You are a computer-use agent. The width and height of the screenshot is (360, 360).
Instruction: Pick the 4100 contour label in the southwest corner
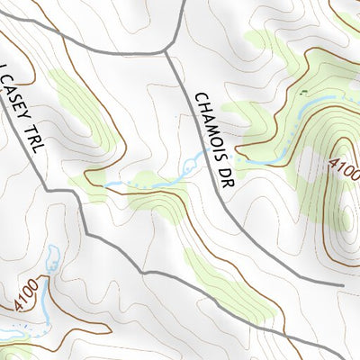(x=28, y=296)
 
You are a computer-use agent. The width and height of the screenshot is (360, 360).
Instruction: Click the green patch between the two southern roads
(x=216, y=279)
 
